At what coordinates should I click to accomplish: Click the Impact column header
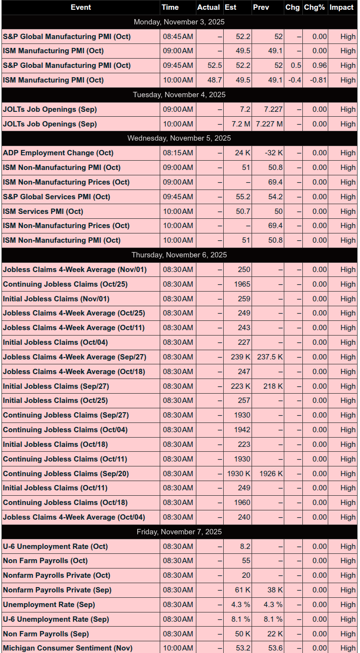click(x=341, y=7)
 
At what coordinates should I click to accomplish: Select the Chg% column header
click(x=314, y=7)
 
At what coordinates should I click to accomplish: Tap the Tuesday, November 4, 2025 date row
click(x=179, y=95)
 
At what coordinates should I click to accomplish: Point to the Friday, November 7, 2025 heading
click(x=179, y=532)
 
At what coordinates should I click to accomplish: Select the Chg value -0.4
click(x=295, y=80)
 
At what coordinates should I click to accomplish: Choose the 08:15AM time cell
click(x=178, y=153)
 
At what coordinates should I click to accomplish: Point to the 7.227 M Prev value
click(x=269, y=124)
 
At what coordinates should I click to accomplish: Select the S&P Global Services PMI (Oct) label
click(x=56, y=197)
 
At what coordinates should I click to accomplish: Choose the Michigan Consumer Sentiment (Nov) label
click(x=67, y=648)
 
